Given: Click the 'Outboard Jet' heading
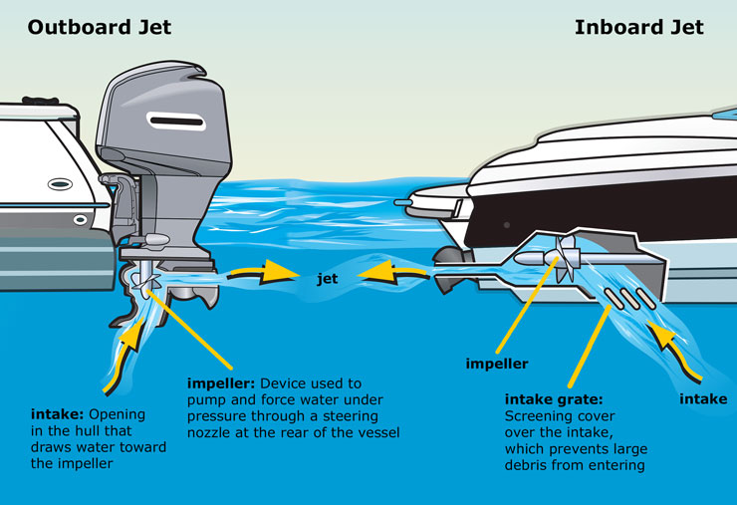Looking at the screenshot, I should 100,26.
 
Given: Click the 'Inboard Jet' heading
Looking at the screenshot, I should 638,26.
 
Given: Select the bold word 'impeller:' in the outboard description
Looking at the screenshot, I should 226,383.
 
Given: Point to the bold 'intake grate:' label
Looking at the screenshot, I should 554,397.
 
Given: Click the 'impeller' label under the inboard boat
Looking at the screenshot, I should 497,364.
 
